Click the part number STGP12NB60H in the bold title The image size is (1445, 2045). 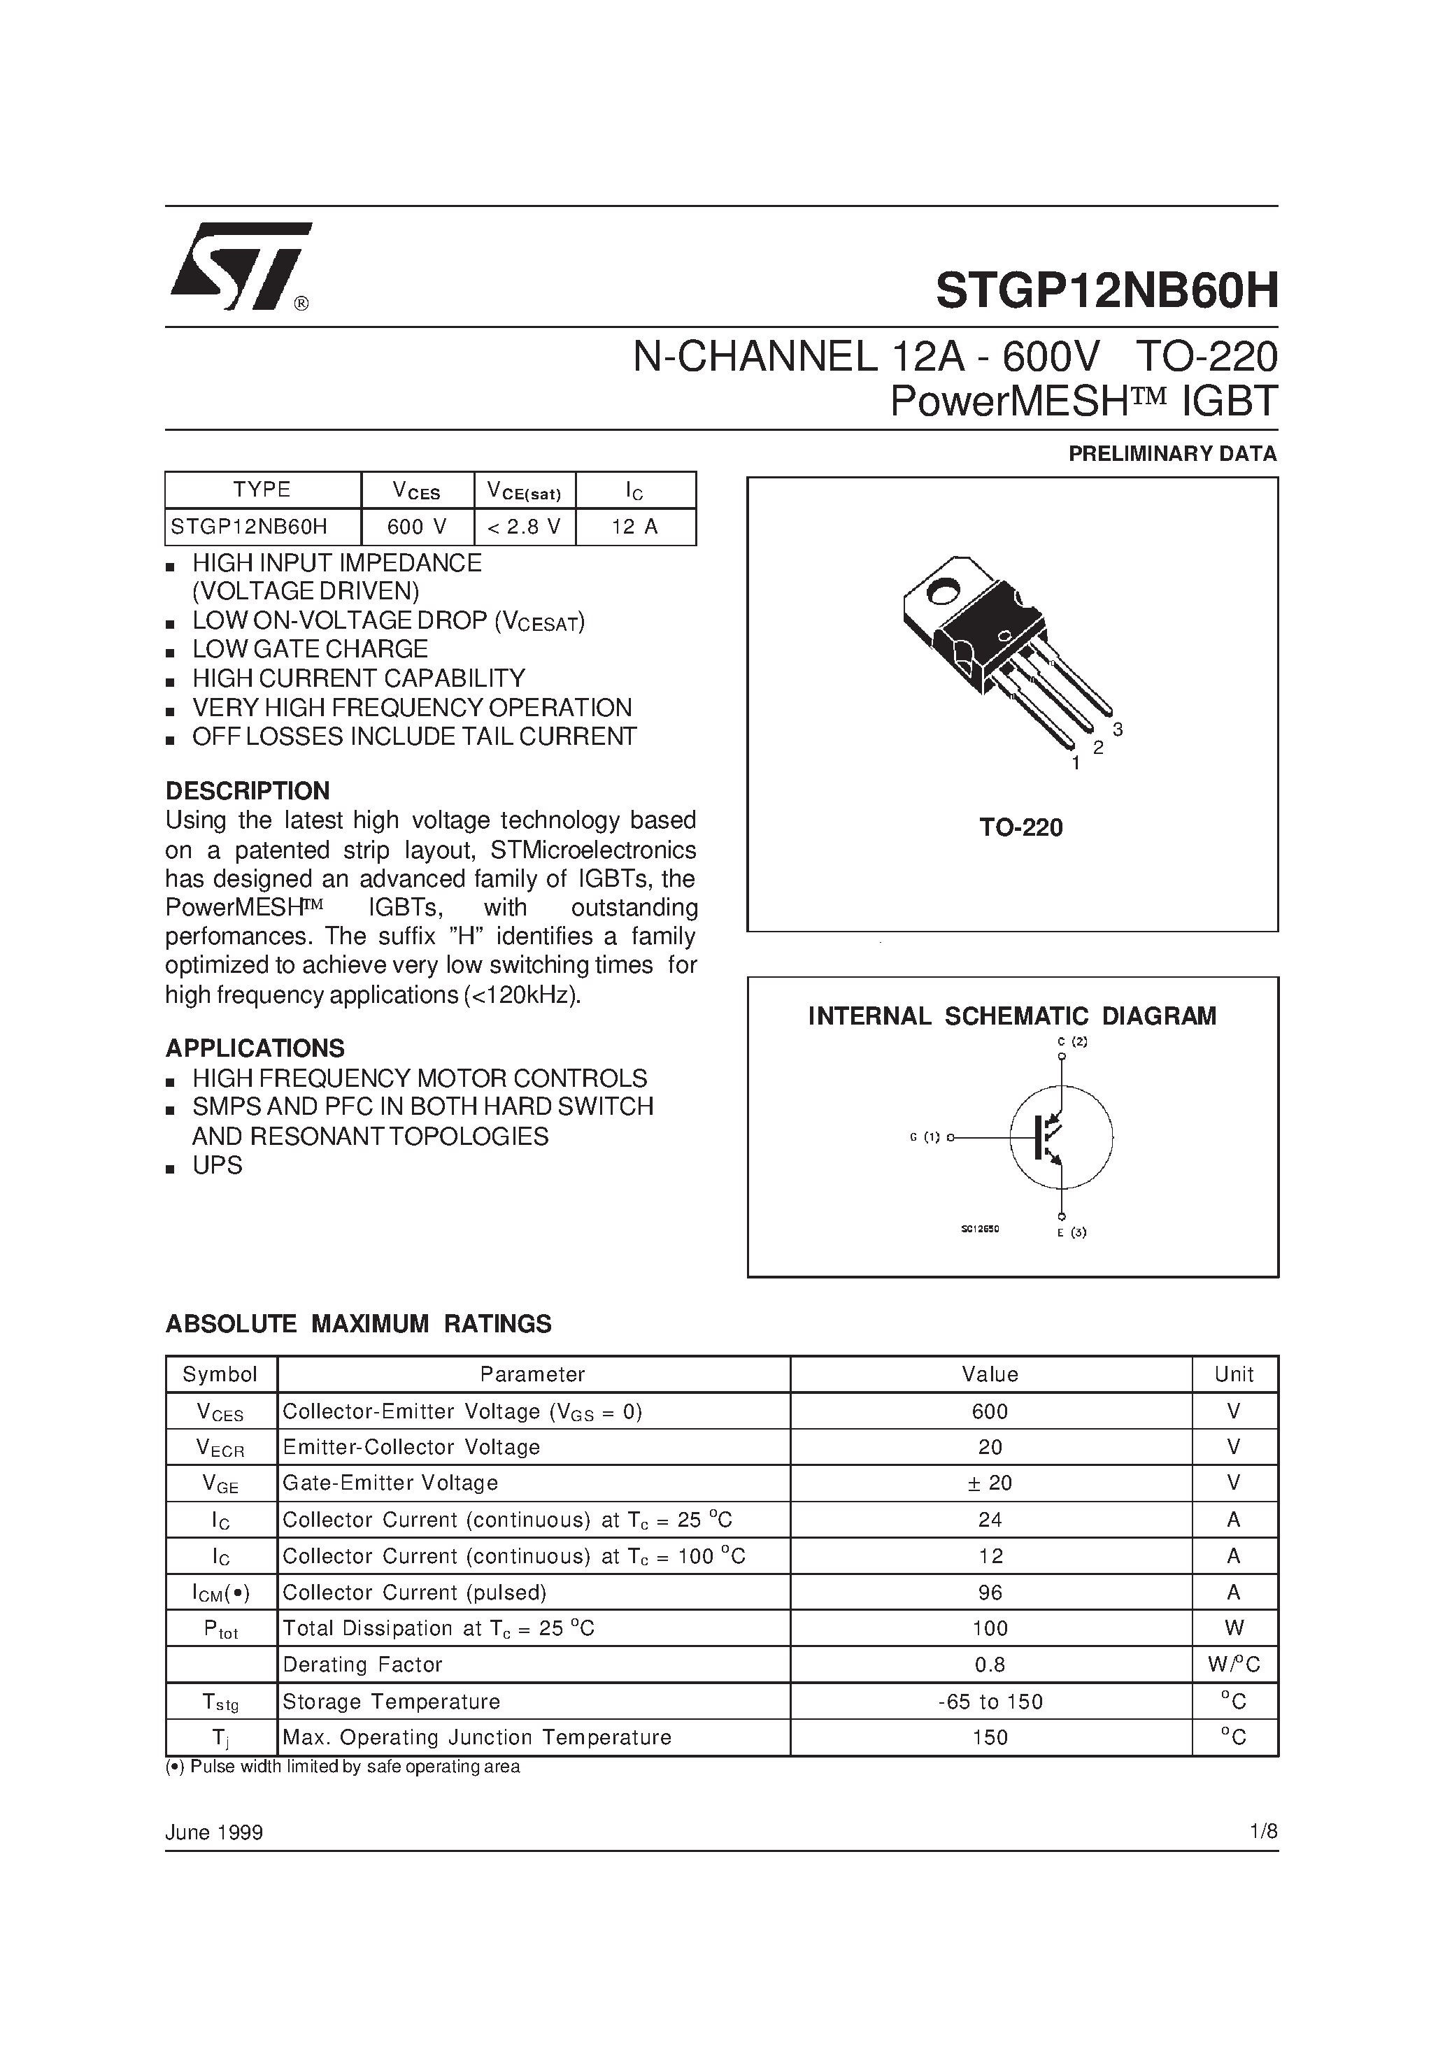(x=1106, y=290)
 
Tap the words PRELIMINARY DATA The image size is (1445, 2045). (x=1172, y=454)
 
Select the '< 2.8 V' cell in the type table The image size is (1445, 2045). (x=525, y=527)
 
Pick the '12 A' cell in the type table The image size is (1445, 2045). (x=635, y=527)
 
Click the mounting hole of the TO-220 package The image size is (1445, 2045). (x=944, y=589)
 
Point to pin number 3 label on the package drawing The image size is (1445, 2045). (x=1118, y=729)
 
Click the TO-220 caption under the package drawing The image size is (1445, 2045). (x=1021, y=828)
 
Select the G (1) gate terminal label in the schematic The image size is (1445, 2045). (x=925, y=1137)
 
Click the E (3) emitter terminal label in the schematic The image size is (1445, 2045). (x=1072, y=1233)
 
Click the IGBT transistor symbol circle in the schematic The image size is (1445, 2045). (x=1061, y=1137)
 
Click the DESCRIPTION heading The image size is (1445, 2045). (x=248, y=791)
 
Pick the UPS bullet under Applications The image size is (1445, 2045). (x=218, y=1166)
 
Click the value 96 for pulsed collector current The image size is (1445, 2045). (x=990, y=1592)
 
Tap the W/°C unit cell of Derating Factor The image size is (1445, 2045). (x=1234, y=1665)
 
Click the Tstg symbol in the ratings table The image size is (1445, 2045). (x=221, y=1702)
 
